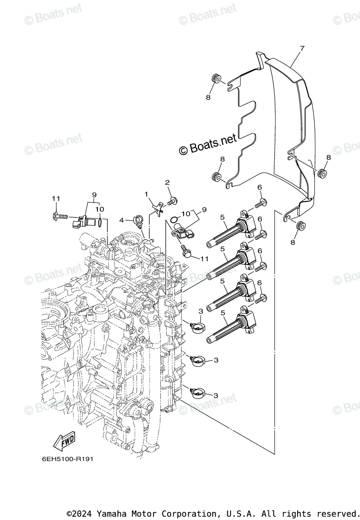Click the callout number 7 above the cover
[x=302, y=48]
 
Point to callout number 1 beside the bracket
[x=146, y=194]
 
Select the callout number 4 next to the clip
[x=122, y=220]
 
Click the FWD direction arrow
[x=64, y=441]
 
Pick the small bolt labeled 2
[x=173, y=201]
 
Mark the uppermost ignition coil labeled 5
[x=230, y=230]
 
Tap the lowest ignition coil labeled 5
[x=230, y=327]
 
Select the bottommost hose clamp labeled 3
[x=197, y=393]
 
